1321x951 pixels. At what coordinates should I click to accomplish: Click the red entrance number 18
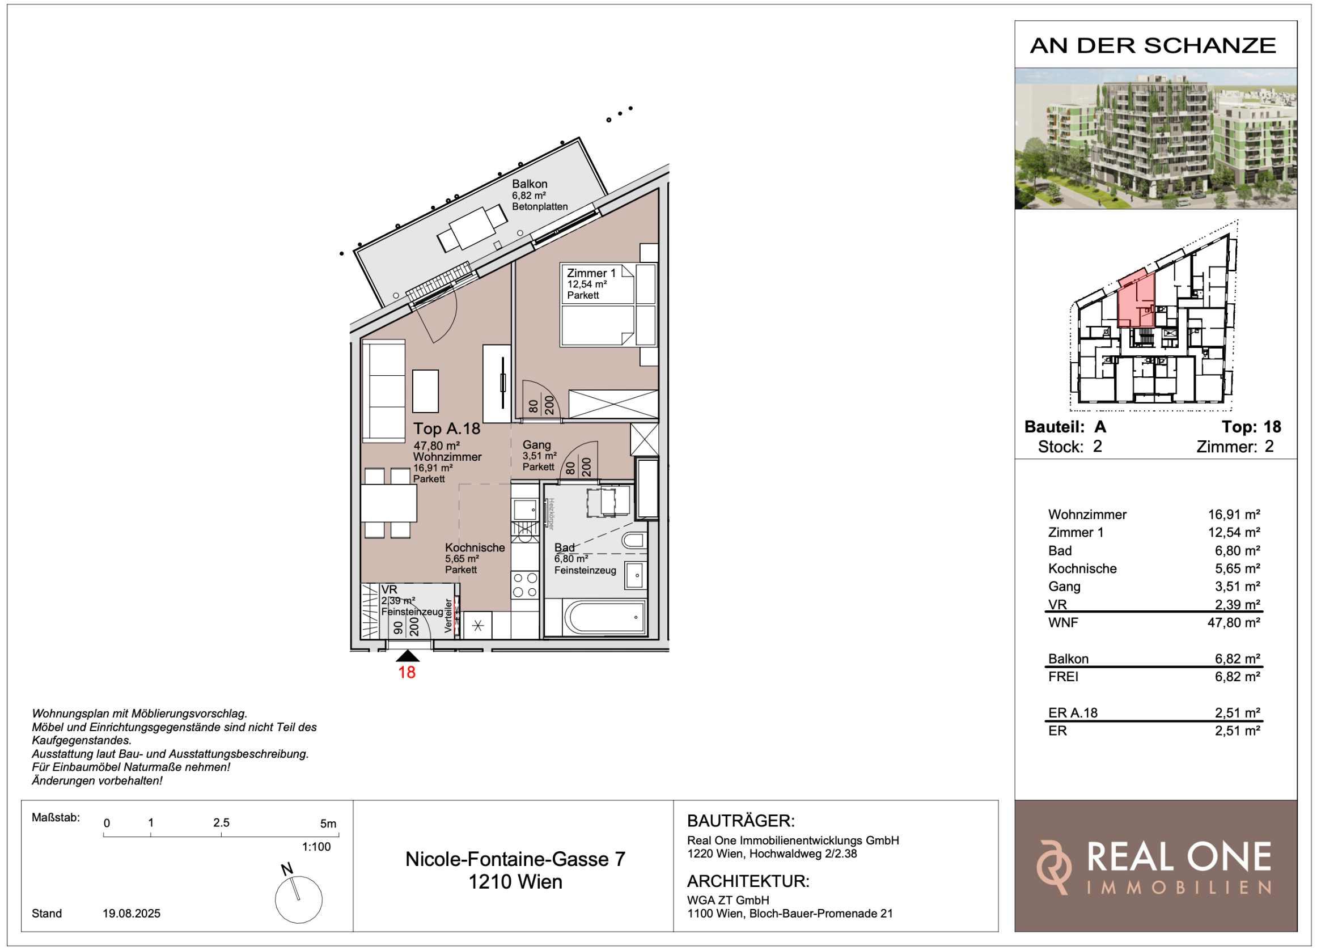point(407,673)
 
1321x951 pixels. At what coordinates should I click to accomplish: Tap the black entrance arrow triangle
point(407,656)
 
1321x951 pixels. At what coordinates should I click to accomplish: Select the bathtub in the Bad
point(604,617)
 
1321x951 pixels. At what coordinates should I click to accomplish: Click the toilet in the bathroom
point(634,541)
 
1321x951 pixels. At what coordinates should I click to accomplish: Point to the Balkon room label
point(530,184)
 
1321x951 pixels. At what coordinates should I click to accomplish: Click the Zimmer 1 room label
point(591,273)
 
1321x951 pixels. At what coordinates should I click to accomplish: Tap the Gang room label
point(536,444)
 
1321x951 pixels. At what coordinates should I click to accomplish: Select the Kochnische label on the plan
point(475,547)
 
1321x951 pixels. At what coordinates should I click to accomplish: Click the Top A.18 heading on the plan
point(447,428)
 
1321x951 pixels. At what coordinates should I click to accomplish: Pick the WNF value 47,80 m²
point(1234,622)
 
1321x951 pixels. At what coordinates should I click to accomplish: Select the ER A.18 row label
point(1072,713)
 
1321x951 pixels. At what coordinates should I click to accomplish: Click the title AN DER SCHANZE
point(1153,45)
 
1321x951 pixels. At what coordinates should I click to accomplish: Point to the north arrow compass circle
point(299,901)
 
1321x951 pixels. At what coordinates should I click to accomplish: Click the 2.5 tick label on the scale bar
point(221,823)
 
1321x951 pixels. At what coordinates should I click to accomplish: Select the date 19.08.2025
point(132,913)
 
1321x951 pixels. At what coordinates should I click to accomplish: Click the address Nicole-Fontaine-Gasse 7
point(515,859)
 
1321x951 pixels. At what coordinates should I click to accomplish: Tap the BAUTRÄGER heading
point(741,821)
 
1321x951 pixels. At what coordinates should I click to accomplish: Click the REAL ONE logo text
point(1179,857)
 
